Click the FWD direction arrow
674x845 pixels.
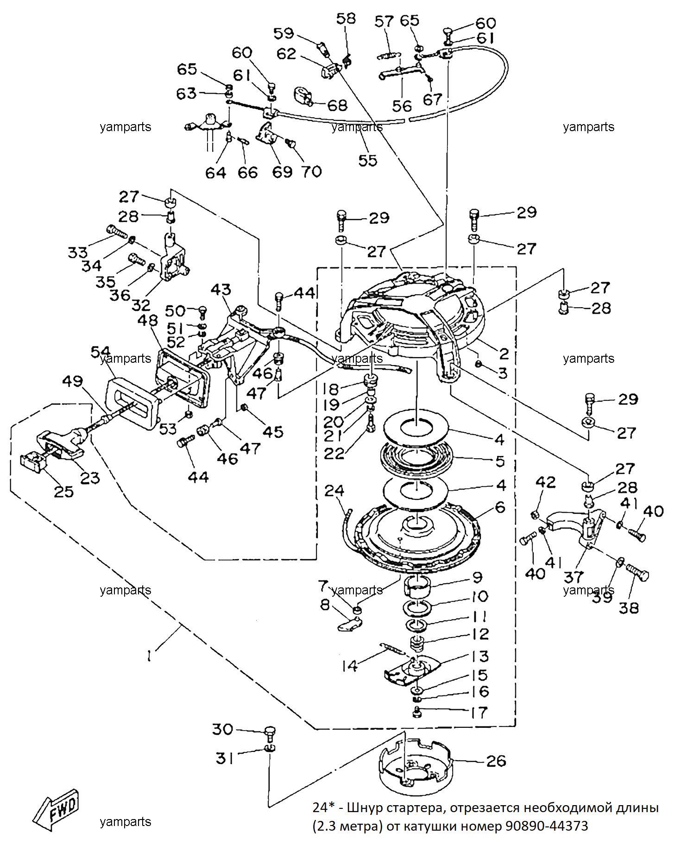click(56, 810)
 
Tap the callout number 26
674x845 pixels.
click(496, 761)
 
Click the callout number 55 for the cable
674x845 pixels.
click(368, 160)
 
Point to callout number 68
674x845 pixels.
click(337, 105)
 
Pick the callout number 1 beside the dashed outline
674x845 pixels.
click(149, 656)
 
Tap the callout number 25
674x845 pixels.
click(64, 492)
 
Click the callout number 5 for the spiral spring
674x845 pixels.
click(500, 461)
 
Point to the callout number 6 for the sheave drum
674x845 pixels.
click(500, 507)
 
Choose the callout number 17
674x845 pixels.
click(479, 712)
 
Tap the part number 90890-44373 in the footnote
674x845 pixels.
click(547, 826)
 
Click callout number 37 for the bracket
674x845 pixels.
click(573, 577)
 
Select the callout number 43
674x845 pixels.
click(220, 290)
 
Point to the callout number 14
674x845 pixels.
click(350, 666)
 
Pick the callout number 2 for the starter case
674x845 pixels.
click(504, 353)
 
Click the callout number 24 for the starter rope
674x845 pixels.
click(334, 490)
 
